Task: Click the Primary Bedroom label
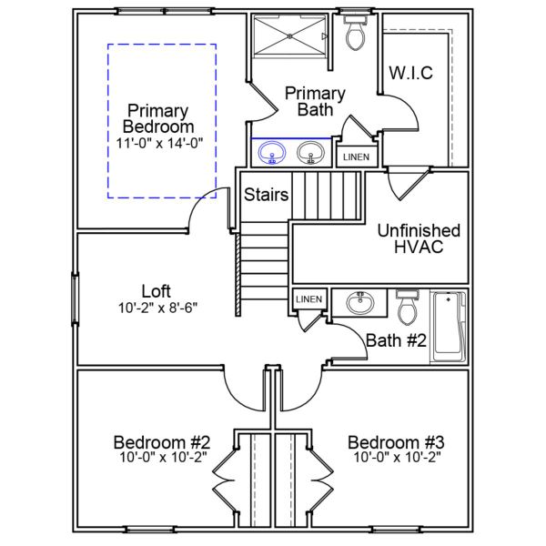pos(160,117)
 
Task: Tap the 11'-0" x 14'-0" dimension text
pos(160,143)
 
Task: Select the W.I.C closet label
pos(411,72)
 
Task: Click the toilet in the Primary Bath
pos(356,35)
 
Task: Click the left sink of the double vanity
pos(271,154)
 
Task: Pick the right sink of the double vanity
pos(311,154)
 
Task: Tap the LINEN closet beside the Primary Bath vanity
pos(355,156)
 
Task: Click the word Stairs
pos(267,194)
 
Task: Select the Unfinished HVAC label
pos(419,238)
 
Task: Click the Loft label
pos(157,291)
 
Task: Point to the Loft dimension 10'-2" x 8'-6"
pos(157,308)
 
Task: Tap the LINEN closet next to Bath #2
pos(308,299)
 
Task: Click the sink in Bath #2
pos(360,302)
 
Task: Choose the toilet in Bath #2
pos(408,308)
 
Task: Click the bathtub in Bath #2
pos(448,326)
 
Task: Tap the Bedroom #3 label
pos(396,442)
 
